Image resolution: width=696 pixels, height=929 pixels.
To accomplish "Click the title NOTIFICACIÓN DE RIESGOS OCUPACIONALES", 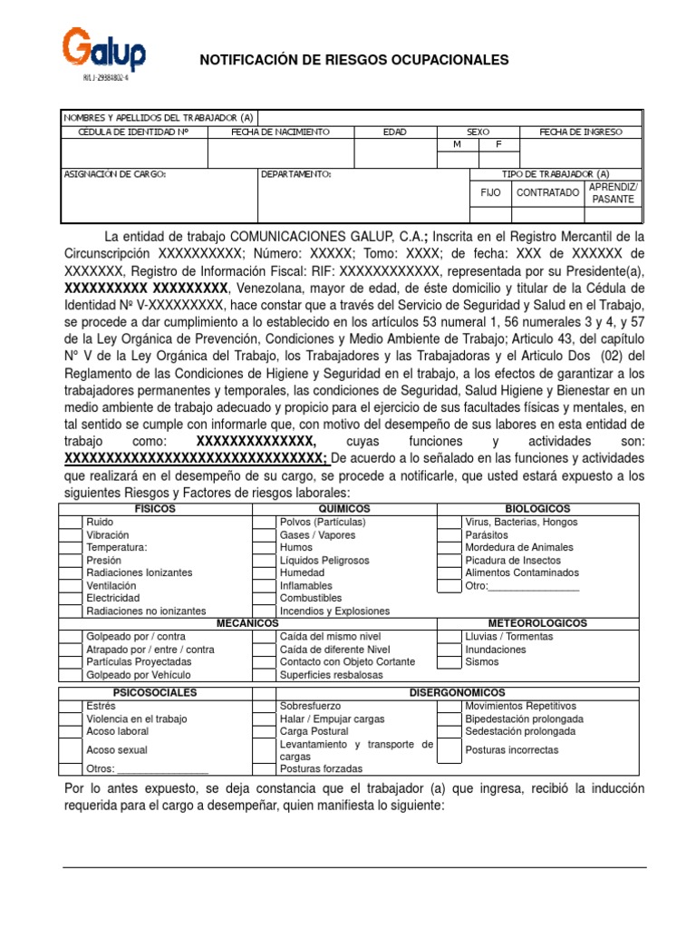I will pos(354,60).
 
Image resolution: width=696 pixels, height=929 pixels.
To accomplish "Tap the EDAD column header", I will pos(394,132).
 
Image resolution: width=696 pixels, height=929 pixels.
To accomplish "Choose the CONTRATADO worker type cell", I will pos(547,192).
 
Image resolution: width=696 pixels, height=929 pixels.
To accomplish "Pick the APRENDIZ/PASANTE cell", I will pos(614,192).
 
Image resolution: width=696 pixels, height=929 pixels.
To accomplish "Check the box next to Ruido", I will pos(71,523).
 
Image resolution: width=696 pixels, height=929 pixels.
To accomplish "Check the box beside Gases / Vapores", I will pos(264,535).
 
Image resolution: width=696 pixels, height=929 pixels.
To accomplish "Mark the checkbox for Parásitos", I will pos(449,535).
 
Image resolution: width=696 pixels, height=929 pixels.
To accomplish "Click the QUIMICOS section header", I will pos(344,509).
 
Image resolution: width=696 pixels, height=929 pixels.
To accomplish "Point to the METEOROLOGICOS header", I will pos(537,623).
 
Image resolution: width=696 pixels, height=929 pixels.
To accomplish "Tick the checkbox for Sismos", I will pos(449,661).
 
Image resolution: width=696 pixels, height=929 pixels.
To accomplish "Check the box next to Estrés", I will pos(71,706).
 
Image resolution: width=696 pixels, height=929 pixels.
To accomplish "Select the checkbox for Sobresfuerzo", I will pos(264,706).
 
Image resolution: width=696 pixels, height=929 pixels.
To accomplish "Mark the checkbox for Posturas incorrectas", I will pos(449,749).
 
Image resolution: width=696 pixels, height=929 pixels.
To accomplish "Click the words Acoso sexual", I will pos(116,750).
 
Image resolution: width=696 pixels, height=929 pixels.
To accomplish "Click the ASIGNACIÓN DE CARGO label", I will pos(115,173).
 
